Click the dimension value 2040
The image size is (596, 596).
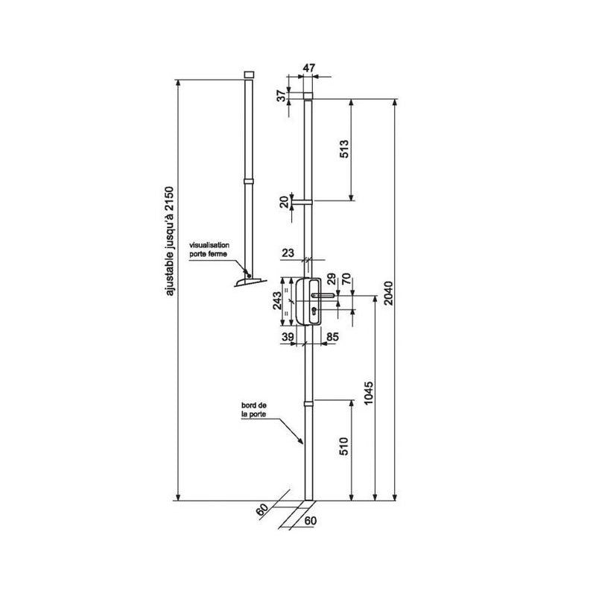coord(388,293)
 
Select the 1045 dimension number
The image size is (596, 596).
coord(369,393)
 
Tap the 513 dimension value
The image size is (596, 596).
coord(343,149)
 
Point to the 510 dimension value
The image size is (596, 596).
coord(343,446)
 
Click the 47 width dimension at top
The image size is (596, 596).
coord(308,68)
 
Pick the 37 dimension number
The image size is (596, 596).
coord(282,96)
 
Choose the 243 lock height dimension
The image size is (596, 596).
coord(277,301)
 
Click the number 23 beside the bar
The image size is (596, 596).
coord(288,253)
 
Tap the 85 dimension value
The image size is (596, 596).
coord(332,337)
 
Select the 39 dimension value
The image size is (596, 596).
coord(288,337)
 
